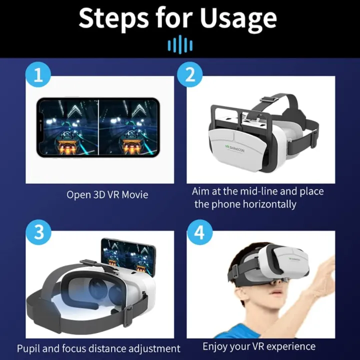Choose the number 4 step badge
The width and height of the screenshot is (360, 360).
(199, 233)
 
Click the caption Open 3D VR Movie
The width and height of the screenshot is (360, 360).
(107, 194)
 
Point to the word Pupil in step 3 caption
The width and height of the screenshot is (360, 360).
(29, 348)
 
